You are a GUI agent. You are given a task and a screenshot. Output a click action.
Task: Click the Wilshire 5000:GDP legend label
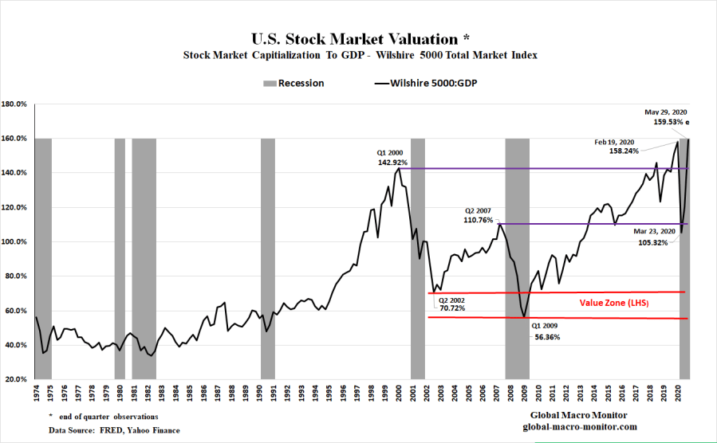click(434, 83)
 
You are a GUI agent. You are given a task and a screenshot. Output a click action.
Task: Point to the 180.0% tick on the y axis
click(16, 104)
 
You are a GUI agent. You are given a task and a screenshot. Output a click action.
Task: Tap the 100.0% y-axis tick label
click(16, 242)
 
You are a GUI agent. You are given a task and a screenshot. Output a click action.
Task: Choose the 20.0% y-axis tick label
click(16, 379)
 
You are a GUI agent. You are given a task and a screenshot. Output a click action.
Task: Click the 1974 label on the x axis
click(36, 394)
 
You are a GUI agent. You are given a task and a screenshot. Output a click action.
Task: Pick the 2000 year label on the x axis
click(398, 394)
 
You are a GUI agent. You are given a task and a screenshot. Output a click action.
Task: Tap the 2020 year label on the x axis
click(676, 394)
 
